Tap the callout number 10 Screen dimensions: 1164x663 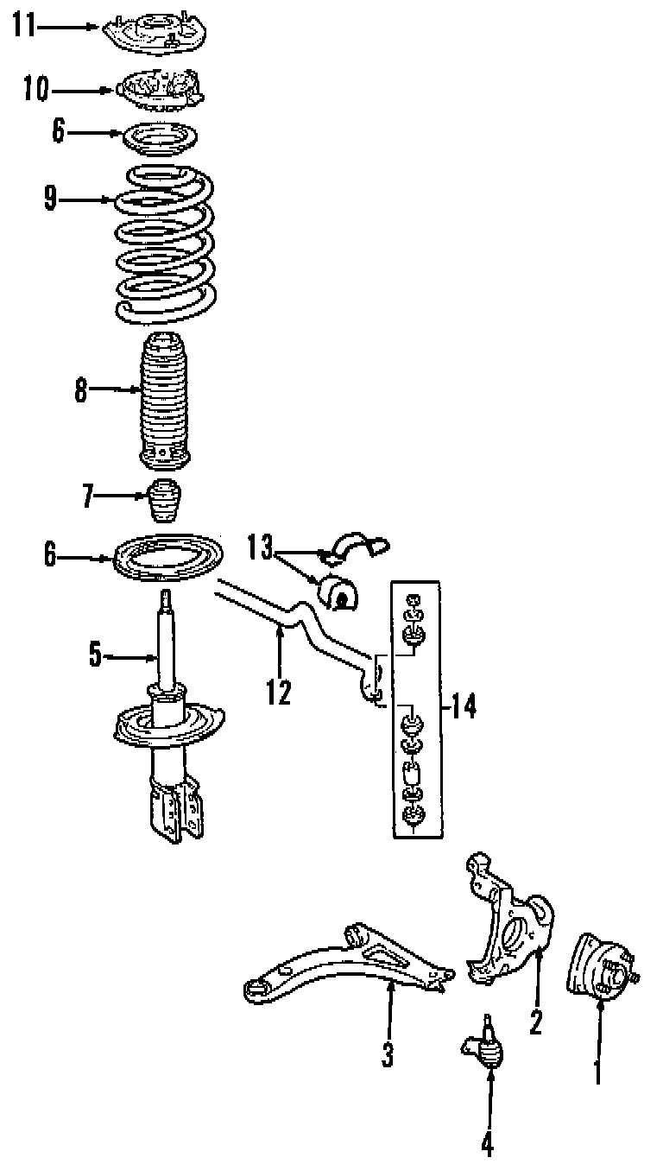tap(36, 89)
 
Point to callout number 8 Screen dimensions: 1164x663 tap(80, 390)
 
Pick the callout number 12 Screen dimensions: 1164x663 tap(279, 691)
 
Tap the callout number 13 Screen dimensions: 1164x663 tap(260, 546)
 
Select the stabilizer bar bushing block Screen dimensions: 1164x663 tap(338, 591)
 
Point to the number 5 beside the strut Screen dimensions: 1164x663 tap(95, 656)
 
